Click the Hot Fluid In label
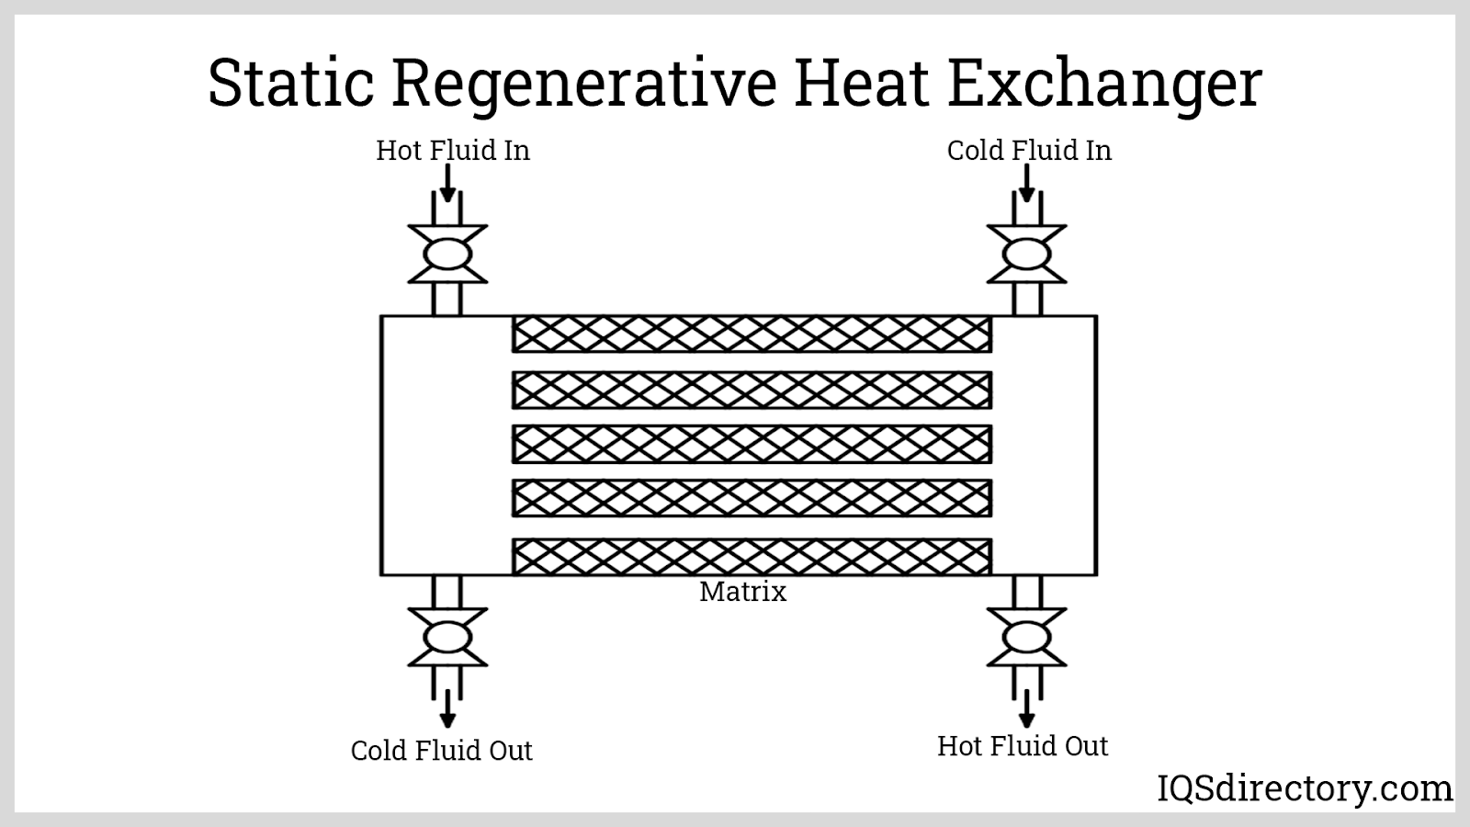click(x=453, y=150)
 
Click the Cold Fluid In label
click(x=1029, y=150)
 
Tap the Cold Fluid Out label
click(x=441, y=750)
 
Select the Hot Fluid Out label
click(x=1023, y=745)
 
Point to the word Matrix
click(x=742, y=591)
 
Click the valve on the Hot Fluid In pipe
click(x=447, y=255)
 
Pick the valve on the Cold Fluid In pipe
click(x=1026, y=255)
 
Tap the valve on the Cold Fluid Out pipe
click(x=447, y=637)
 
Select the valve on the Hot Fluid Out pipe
click(x=1026, y=637)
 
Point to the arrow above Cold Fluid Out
click(x=447, y=708)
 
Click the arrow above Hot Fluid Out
click(x=1026, y=708)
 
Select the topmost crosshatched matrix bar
click(x=752, y=334)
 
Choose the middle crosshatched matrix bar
click(x=752, y=445)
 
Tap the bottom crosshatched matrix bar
click(x=752, y=557)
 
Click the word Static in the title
click(x=290, y=83)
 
